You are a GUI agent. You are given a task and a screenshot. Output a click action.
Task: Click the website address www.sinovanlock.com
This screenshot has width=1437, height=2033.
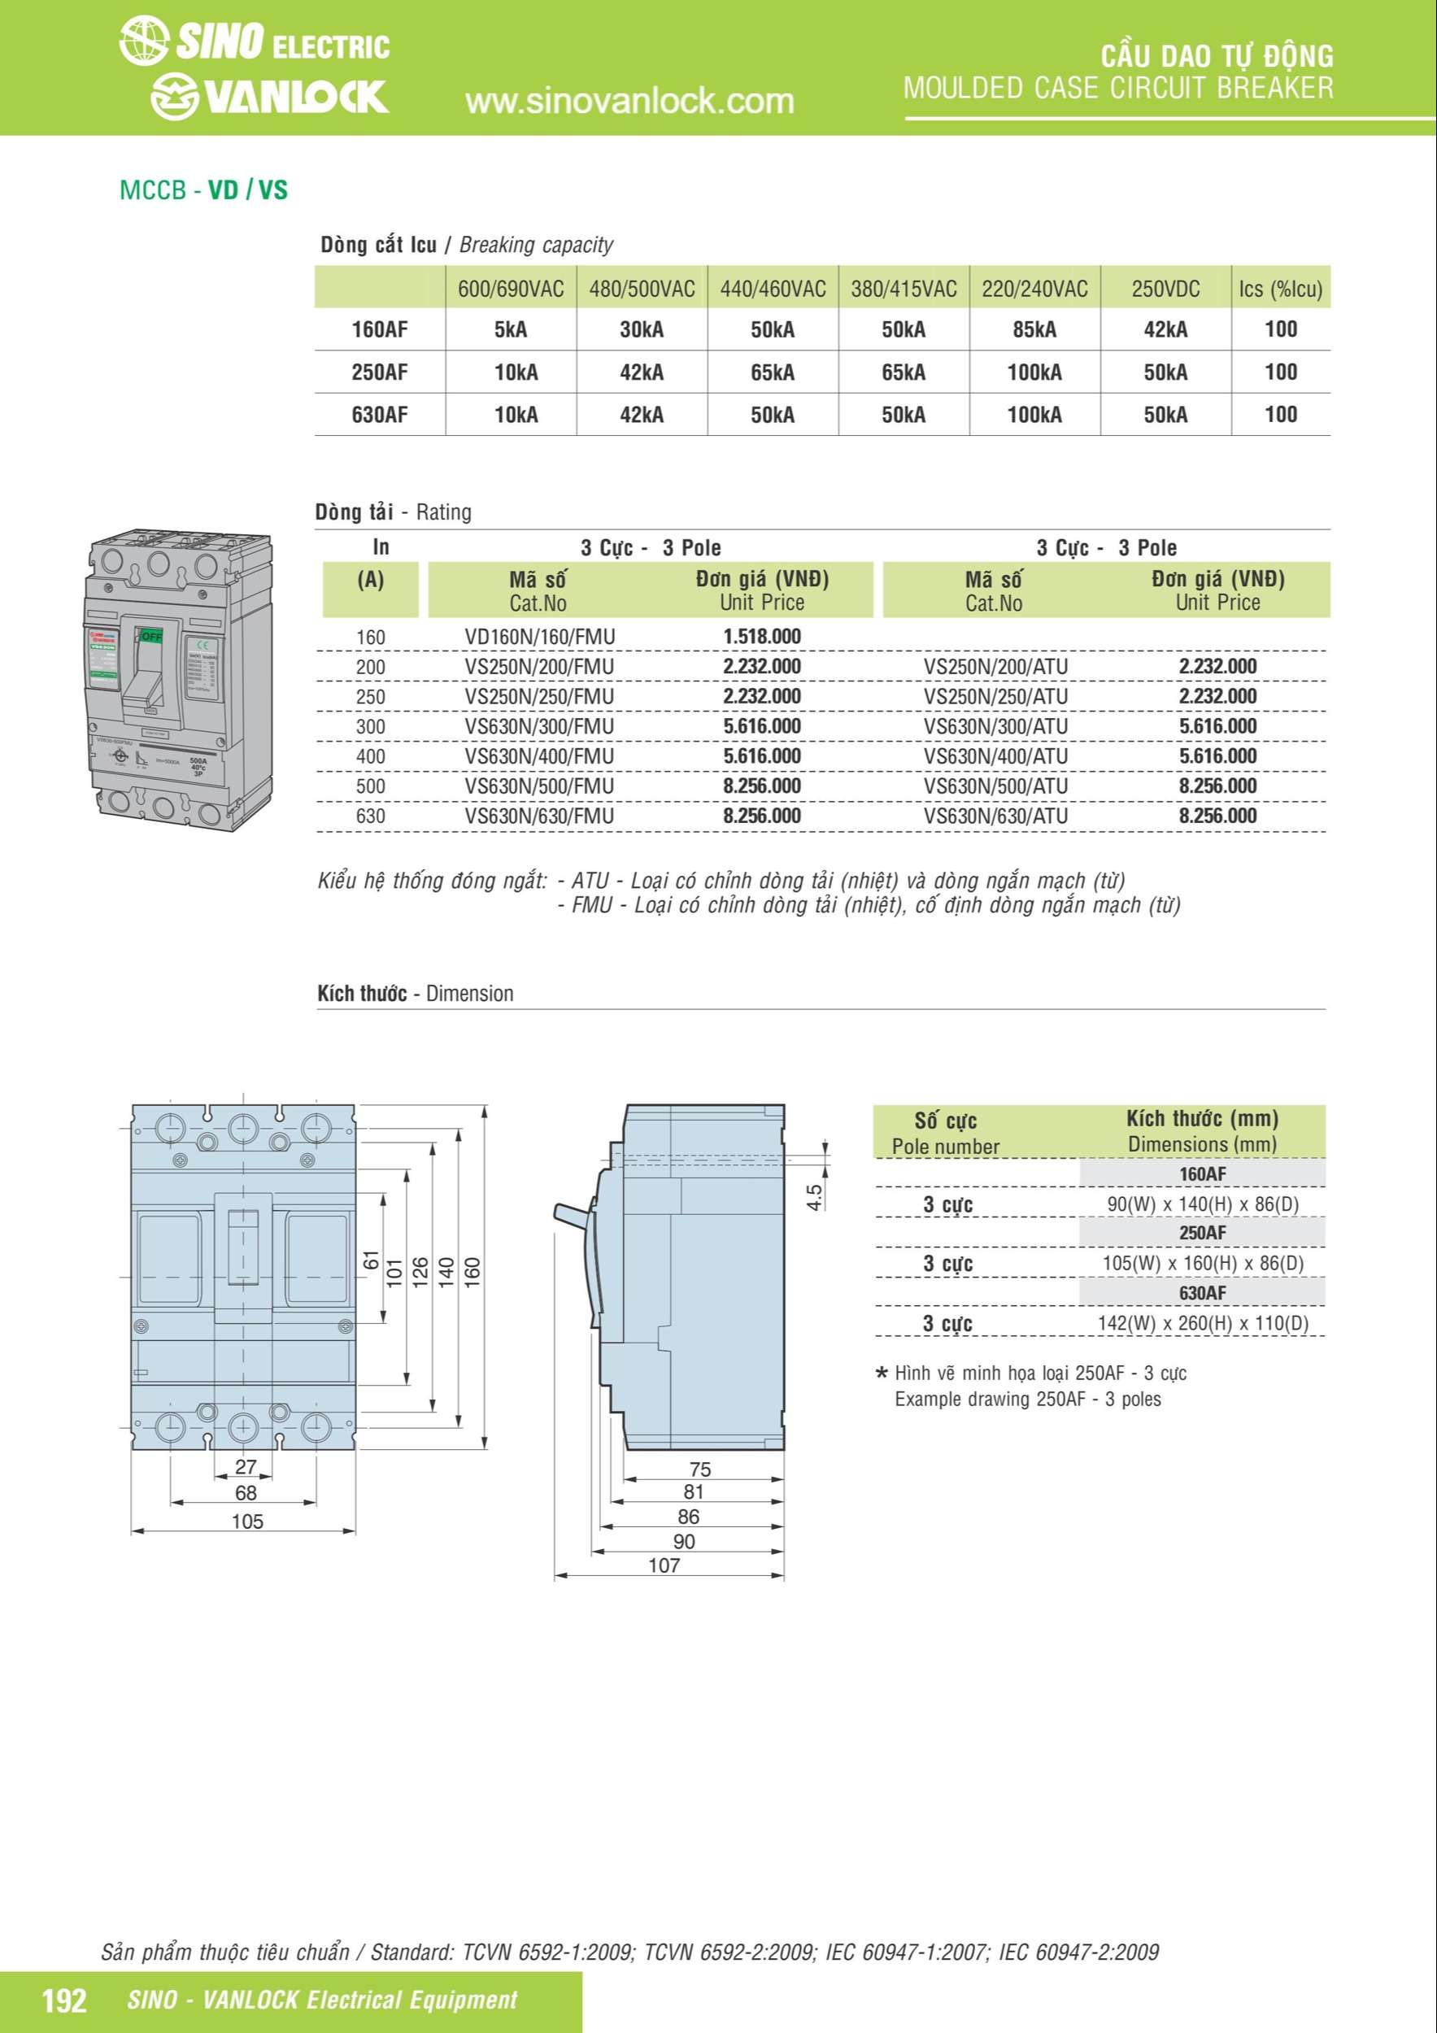point(629,102)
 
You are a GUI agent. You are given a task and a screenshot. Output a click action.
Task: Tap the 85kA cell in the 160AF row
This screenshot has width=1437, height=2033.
point(1034,329)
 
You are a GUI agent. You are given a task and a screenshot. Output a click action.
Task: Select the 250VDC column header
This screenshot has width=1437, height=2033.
point(1165,289)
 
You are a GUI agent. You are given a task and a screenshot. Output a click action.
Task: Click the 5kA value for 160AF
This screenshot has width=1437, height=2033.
point(511,329)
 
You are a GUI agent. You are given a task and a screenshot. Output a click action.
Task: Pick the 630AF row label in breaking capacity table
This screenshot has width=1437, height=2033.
point(380,415)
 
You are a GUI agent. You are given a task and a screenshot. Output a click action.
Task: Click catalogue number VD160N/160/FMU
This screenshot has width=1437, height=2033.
point(539,637)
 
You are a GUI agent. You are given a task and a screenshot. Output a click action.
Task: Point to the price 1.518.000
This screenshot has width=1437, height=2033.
point(761,637)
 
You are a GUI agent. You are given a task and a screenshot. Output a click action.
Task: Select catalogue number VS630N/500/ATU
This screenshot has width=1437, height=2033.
point(995,786)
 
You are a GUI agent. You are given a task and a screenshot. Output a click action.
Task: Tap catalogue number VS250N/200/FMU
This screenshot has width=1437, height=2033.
point(539,667)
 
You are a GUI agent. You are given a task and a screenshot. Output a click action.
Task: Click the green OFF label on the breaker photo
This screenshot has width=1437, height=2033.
point(151,636)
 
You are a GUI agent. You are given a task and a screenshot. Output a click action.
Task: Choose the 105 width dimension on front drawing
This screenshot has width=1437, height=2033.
point(247,1521)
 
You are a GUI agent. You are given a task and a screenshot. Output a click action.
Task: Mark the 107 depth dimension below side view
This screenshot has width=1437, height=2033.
point(664,1565)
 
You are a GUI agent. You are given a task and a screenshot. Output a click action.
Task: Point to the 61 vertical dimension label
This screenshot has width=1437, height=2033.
point(371,1261)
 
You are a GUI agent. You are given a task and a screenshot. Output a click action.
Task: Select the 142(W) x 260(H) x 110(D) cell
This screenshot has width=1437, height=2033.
point(1202,1323)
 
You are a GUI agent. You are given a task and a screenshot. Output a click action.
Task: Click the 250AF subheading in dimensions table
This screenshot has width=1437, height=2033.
point(1201,1233)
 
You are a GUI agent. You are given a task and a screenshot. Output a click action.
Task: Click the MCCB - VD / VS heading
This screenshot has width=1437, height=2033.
point(203,190)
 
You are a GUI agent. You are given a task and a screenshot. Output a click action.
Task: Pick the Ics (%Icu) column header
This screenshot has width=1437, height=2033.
point(1280,289)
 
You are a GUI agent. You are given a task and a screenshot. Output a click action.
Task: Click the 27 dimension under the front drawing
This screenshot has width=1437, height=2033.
point(246,1466)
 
